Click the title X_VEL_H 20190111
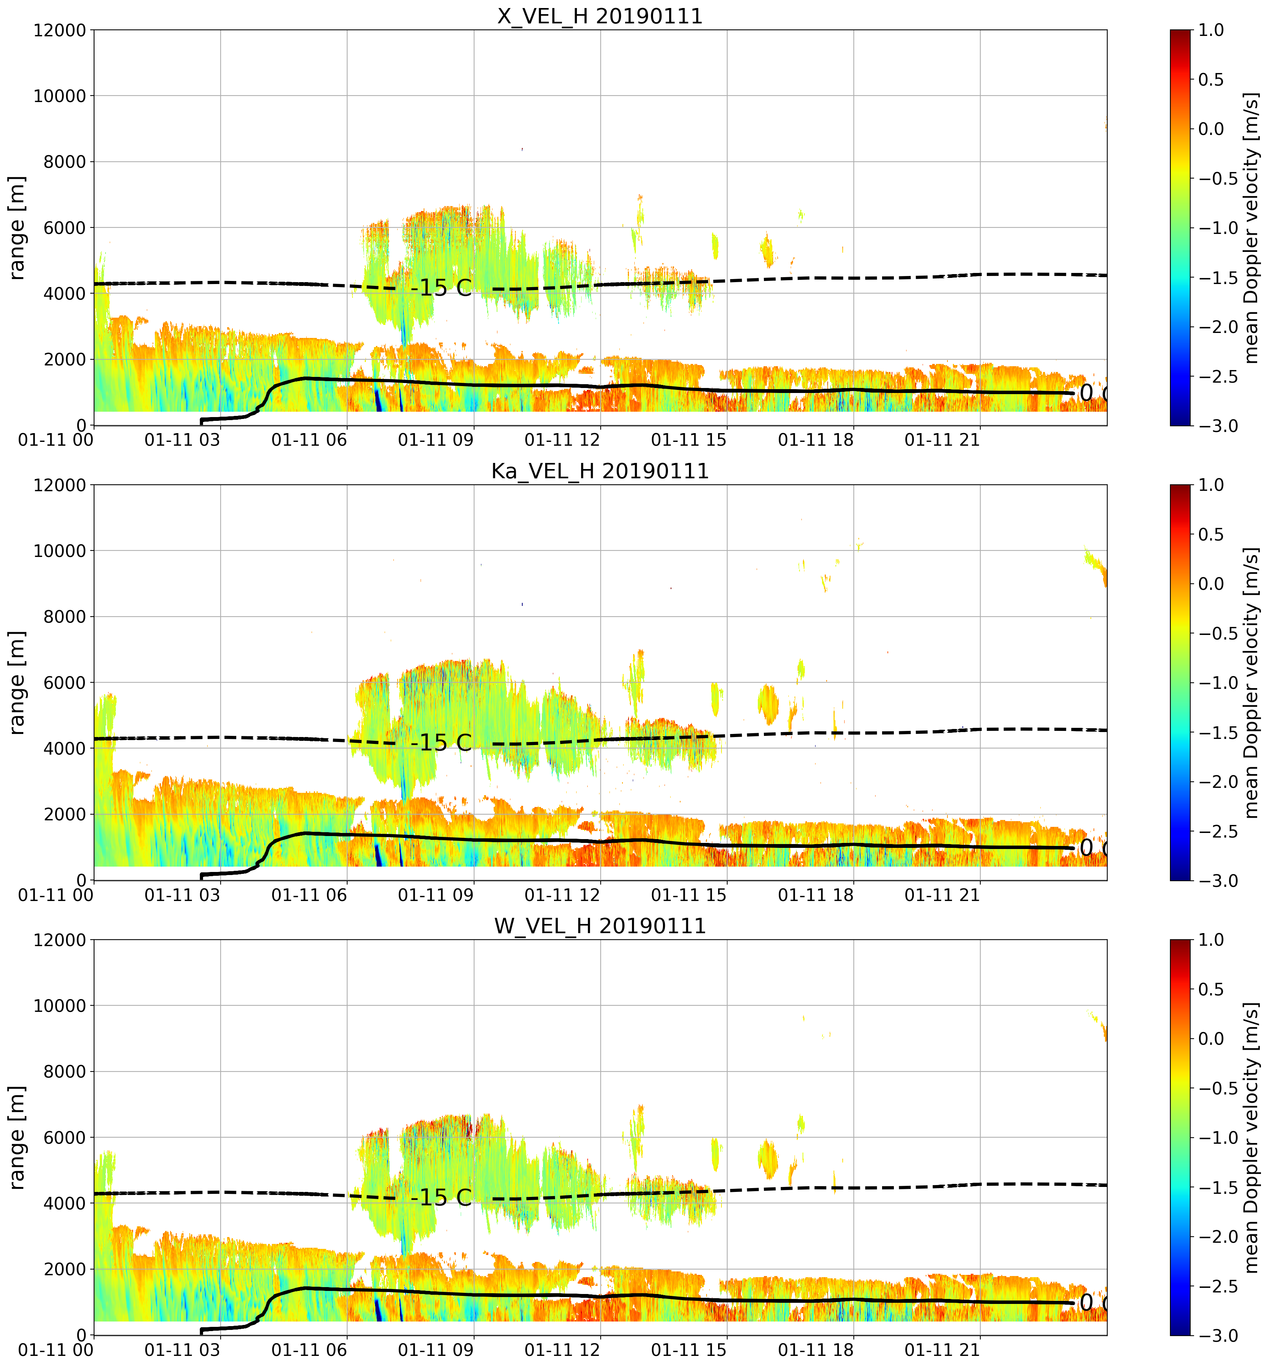coord(600,16)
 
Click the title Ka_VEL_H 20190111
coord(600,471)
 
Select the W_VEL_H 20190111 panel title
coord(600,926)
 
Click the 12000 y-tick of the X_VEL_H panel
coord(60,30)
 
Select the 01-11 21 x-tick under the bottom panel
coord(942,1350)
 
